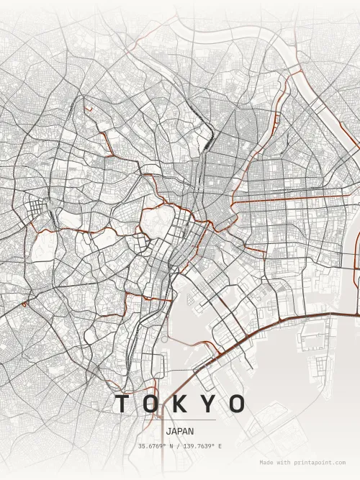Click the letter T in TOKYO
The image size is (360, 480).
[x=124, y=404]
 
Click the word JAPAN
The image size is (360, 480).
[x=179, y=432]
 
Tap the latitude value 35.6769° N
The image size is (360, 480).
[x=158, y=447]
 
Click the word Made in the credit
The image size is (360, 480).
[x=267, y=463]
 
